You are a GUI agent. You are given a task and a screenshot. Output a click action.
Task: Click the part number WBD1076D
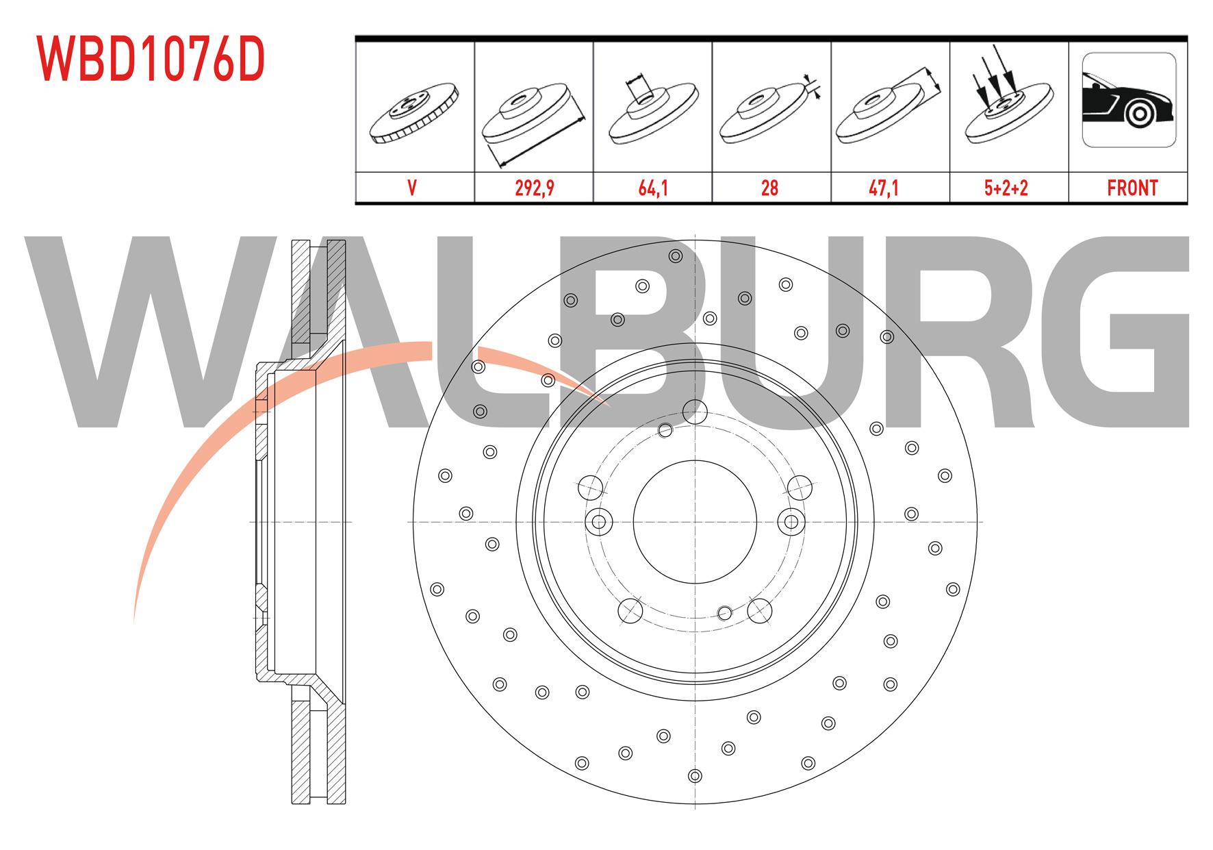click(151, 59)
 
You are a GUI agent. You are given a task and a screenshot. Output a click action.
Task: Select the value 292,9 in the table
click(534, 188)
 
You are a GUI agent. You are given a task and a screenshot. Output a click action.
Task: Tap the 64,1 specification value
click(652, 188)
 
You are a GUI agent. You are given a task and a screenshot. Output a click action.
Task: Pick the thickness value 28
click(770, 188)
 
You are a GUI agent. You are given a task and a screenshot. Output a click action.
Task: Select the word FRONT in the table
click(1132, 188)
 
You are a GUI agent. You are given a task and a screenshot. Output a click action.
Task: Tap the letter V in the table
click(412, 188)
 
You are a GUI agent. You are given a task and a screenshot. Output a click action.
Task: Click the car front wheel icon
click(1129, 99)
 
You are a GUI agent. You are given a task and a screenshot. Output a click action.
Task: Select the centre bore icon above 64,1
click(652, 110)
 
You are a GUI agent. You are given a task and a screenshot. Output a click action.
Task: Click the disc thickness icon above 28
click(770, 110)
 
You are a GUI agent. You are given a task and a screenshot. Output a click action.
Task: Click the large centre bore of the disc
click(695, 522)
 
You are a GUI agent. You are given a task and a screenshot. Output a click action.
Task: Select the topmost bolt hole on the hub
click(695, 412)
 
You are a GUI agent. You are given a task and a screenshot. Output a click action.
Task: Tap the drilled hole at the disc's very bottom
click(695, 776)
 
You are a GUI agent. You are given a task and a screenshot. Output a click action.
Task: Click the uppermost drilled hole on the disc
click(676, 256)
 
